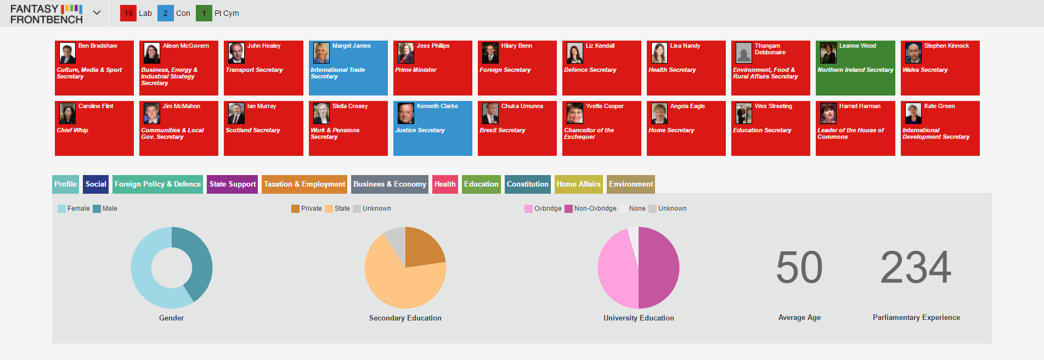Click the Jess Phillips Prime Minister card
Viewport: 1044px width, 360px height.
(x=433, y=68)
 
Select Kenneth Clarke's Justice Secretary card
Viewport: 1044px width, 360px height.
(x=433, y=128)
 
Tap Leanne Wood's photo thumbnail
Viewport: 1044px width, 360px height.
(x=828, y=53)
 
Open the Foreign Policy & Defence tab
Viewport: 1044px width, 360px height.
(x=157, y=184)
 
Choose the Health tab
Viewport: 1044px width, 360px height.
(x=445, y=184)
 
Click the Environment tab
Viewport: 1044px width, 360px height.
(x=631, y=184)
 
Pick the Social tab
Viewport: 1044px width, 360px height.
(x=96, y=184)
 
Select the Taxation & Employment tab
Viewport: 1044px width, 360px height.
(x=304, y=184)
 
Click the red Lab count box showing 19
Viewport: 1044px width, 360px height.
(x=128, y=13)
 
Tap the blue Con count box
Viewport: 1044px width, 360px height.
(x=166, y=13)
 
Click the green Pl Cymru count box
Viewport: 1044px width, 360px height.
(x=204, y=13)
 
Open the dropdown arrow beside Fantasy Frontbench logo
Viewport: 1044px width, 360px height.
(x=97, y=13)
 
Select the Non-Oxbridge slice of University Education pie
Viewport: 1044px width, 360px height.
(x=659, y=268)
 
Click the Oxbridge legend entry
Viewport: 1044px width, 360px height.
(x=543, y=209)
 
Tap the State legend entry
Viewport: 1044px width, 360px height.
(x=337, y=209)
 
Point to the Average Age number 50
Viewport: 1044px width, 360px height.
(x=799, y=267)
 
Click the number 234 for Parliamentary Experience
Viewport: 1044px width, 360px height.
(x=916, y=267)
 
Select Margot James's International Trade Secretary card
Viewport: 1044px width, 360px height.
(x=348, y=68)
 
